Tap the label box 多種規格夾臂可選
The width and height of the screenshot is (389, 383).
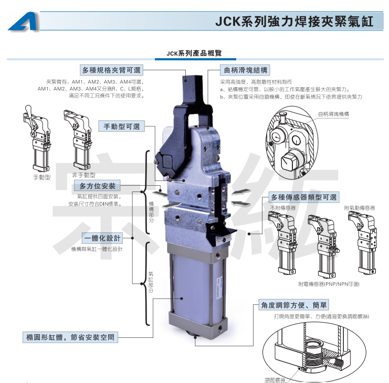click(x=111, y=70)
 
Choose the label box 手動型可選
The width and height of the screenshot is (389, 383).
click(x=122, y=126)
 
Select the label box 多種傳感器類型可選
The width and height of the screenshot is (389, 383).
click(x=303, y=197)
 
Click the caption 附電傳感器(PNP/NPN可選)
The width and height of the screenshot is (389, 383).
click(x=328, y=284)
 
